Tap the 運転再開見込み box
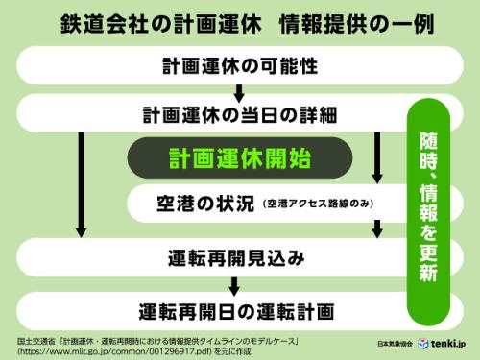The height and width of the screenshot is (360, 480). (x=235, y=257)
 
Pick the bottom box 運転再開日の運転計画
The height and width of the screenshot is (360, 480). (x=235, y=311)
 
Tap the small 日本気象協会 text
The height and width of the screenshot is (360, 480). (x=395, y=344)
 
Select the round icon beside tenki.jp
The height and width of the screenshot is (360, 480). (x=422, y=343)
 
